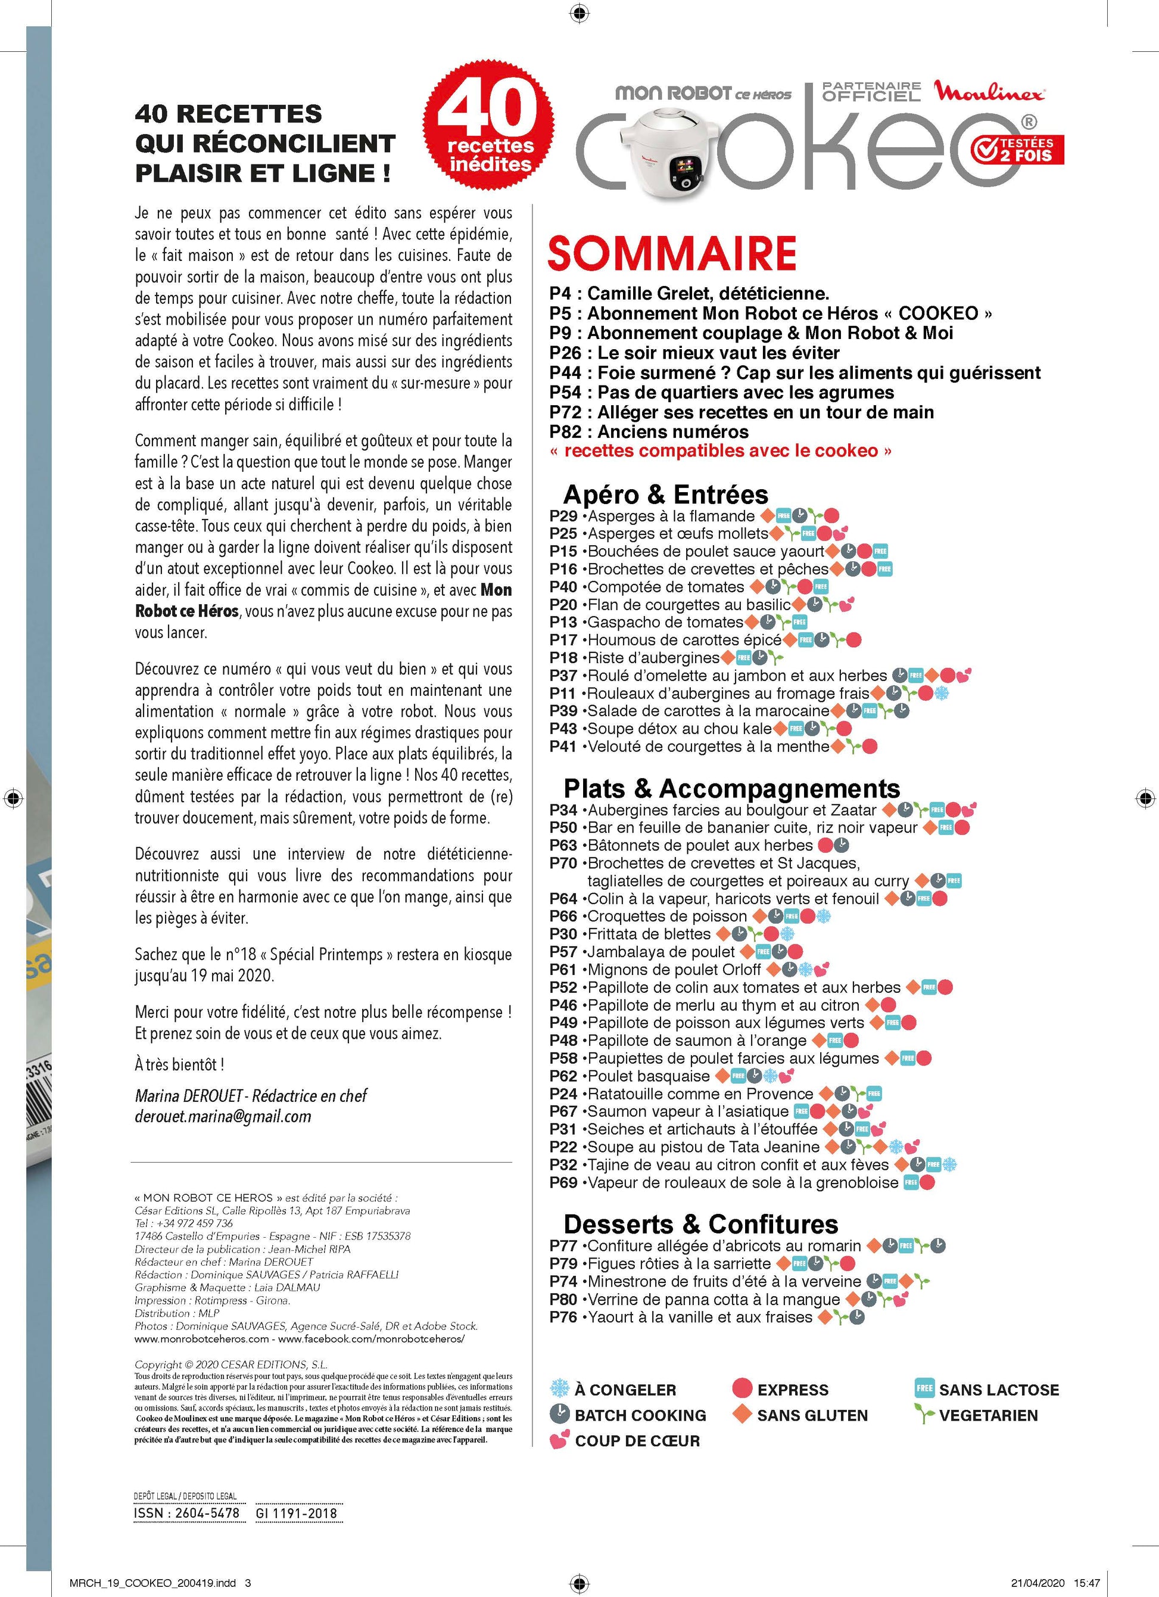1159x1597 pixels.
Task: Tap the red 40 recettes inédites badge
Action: point(488,126)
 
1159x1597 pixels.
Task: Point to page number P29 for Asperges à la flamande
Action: point(563,516)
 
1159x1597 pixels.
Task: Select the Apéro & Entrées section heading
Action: point(666,495)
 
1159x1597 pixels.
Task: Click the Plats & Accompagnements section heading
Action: point(731,788)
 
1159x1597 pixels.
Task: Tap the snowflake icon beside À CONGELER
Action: point(559,1388)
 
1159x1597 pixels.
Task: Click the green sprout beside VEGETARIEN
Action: point(924,1414)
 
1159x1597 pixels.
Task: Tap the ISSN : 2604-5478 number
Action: point(186,1512)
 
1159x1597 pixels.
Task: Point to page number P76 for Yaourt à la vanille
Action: point(563,1317)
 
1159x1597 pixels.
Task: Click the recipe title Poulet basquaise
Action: point(648,1076)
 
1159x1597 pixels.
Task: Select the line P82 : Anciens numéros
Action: point(649,431)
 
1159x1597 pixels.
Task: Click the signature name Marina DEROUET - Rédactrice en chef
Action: point(251,1096)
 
